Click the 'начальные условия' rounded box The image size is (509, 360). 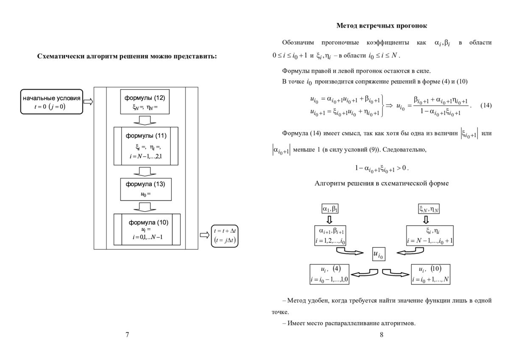click(x=52, y=101)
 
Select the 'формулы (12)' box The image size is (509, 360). click(x=145, y=101)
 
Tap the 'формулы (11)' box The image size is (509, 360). click(x=146, y=146)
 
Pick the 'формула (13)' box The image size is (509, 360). click(x=146, y=189)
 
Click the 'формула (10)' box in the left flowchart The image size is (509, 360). click(x=147, y=229)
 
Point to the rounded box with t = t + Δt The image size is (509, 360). click(x=225, y=236)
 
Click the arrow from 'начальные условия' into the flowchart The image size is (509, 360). click(x=88, y=101)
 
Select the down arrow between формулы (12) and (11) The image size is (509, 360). click(x=145, y=121)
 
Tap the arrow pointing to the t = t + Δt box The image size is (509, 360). click(x=204, y=235)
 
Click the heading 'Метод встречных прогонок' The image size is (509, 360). click(x=381, y=26)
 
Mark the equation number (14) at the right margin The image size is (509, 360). click(x=486, y=105)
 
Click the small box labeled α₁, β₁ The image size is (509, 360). click(x=330, y=208)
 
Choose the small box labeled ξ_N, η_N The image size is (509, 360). click(x=429, y=209)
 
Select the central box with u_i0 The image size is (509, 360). click(x=379, y=254)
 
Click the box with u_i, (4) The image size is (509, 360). click(x=330, y=274)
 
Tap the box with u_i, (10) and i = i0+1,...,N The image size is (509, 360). click(x=431, y=274)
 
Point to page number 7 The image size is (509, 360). click(x=127, y=335)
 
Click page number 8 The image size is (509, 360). click(x=381, y=335)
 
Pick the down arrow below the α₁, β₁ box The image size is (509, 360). click(x=329, y=219)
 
